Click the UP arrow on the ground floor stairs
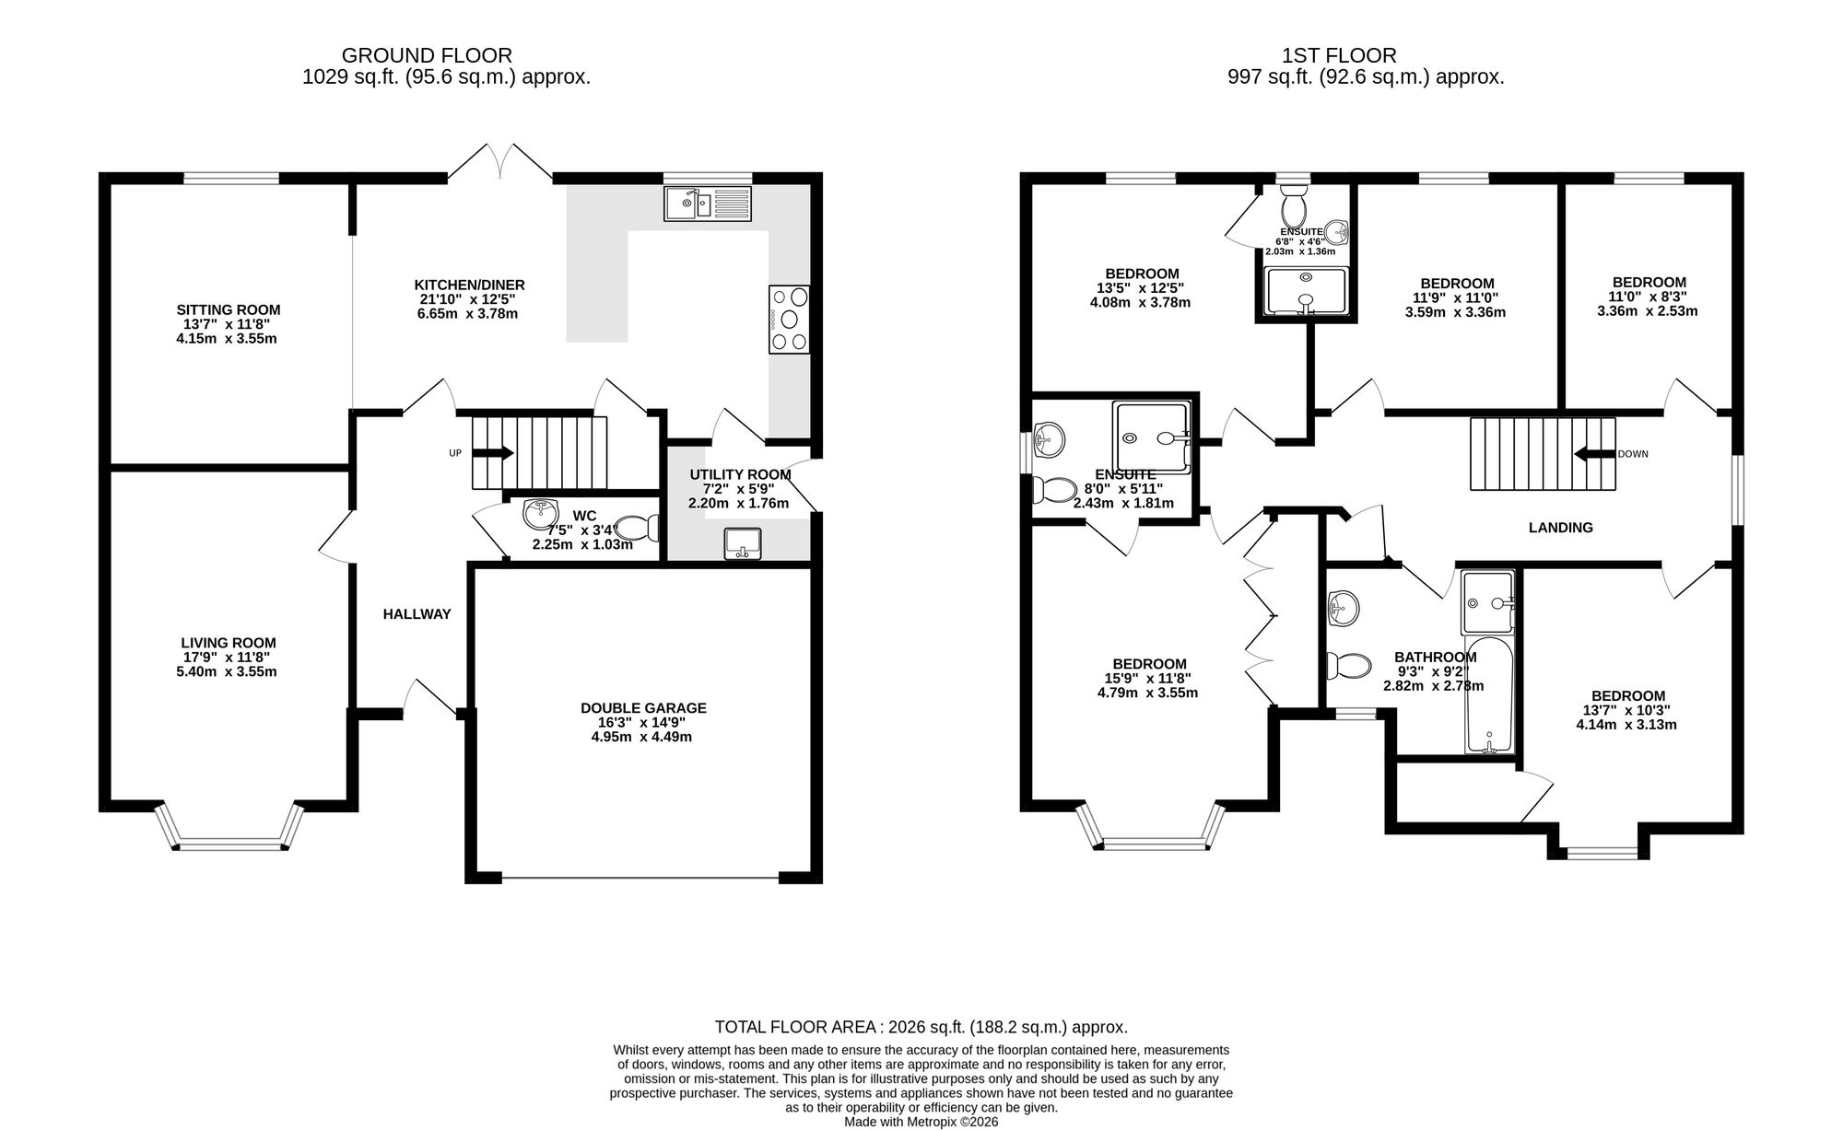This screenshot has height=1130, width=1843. pos(494,453)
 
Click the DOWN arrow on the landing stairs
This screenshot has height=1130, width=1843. pos(1594,453)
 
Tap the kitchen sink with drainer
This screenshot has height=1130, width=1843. pos(708,204)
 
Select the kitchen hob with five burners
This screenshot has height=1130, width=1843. pos(790,320)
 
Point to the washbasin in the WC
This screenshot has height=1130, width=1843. pos(541,514)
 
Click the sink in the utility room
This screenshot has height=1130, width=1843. pos(742,543)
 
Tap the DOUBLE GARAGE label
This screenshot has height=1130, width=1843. pos(643,708)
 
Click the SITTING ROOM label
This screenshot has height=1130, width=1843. pos(229,310)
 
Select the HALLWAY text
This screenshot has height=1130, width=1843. pos(417,614)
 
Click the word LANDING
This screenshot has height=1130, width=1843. pos(1561,528)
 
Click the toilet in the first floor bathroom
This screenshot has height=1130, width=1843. pos(1348,666)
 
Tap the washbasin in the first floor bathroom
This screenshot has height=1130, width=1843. pos(1343,608)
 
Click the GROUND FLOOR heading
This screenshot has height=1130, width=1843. pos(427,56)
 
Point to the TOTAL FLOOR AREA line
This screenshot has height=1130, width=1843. pos(921,1027)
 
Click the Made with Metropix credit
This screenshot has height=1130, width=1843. pos(921,1123)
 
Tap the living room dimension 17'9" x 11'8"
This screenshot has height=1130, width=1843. pos(229,658)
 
